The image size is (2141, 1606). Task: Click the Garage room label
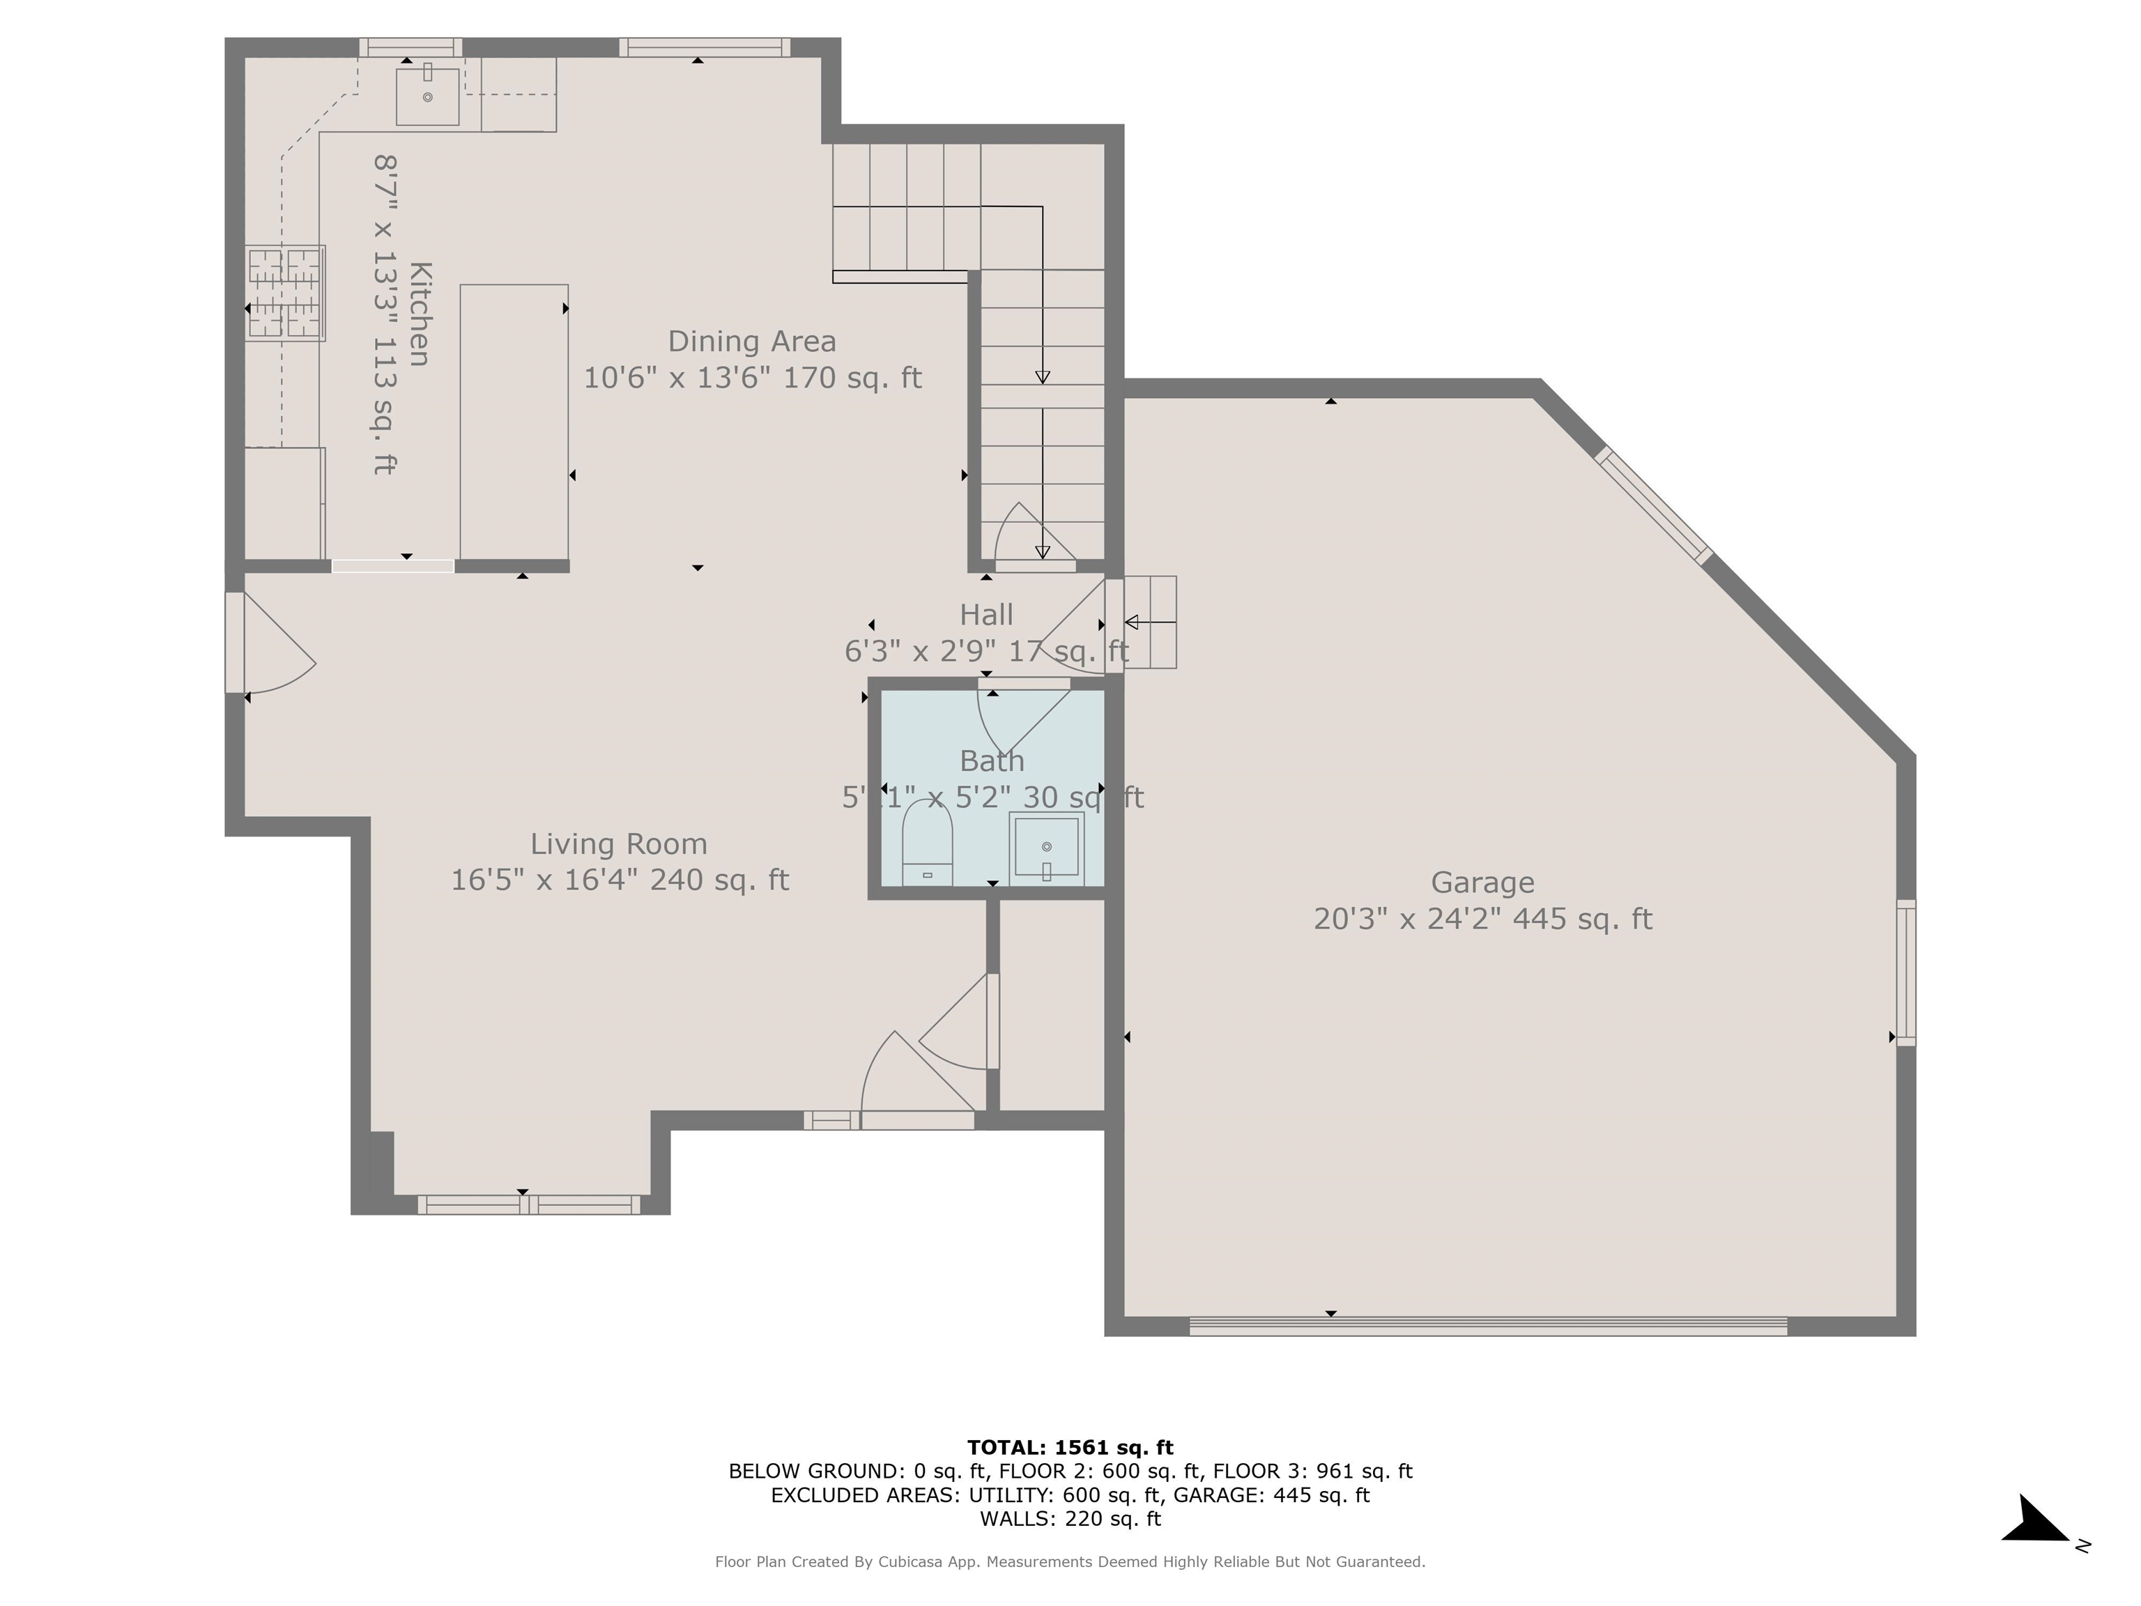pos(1482,883)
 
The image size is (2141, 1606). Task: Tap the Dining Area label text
pos(751,342)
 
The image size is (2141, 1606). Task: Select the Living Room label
pos(618,844)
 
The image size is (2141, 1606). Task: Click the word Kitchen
pos(419,314)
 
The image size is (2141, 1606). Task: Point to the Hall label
pos(986,615)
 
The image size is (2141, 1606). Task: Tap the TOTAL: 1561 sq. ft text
pos(1070,1447)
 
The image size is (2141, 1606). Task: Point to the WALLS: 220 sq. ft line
pos(1070,1519)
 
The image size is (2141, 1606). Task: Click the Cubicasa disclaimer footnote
pos(1070,1561)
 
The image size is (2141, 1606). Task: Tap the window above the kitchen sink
pos(410,47)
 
